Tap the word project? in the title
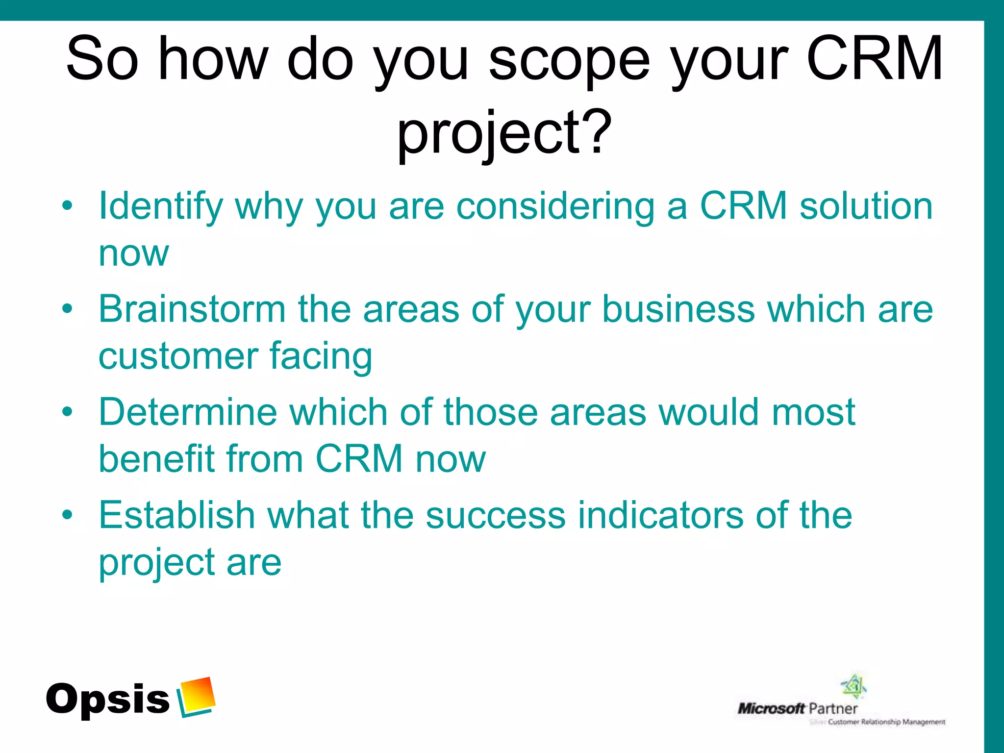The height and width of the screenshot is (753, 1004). point(504,132)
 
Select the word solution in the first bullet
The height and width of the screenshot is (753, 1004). point(866,206)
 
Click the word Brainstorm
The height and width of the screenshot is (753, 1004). point(192,309)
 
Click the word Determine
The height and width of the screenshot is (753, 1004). point(188,412)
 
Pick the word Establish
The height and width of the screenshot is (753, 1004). point(176,515)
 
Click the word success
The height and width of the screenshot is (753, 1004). point(495,515)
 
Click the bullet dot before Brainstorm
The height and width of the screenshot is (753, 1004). point(68,309)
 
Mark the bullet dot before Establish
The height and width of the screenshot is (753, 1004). point(68,515)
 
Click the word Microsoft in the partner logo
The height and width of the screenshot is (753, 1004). point(771,708)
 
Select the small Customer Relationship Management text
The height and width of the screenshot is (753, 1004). point(886,722)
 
